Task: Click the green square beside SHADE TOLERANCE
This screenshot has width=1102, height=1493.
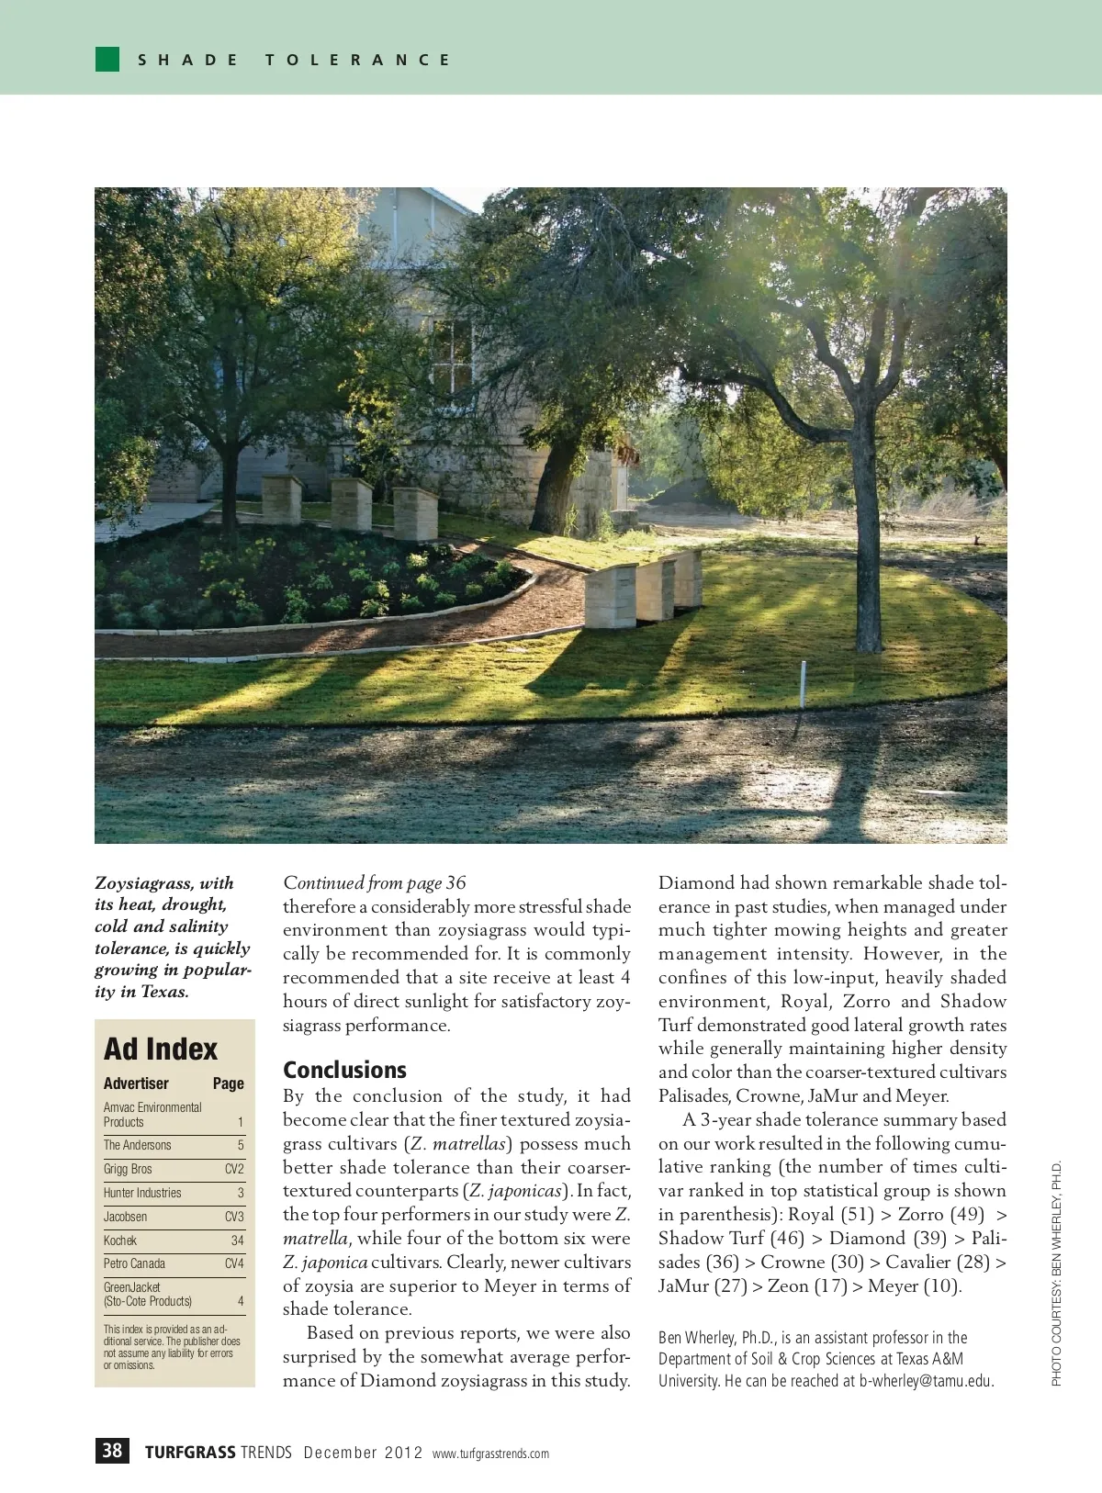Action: [x=107, y=60]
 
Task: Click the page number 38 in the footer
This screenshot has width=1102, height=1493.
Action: [x=112, y=1450]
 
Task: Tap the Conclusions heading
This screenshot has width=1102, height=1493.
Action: [x=344, y=1070]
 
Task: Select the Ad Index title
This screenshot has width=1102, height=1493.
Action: [x=161, y=1049]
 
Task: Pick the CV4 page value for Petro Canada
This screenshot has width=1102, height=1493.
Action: [x=234, y=1263]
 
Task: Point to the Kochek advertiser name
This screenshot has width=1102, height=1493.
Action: [x=120, y=1240]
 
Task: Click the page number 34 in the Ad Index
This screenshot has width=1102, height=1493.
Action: [x=237, y=1240]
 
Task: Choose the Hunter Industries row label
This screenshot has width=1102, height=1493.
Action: [x=142, y=1193]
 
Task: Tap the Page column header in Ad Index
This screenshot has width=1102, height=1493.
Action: [x=228, y=1083]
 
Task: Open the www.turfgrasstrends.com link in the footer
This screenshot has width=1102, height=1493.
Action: [x=490, y=1454]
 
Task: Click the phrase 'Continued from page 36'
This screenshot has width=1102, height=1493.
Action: [x=374, y=883]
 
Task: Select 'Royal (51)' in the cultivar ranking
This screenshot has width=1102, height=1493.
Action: [x=831, y=1215]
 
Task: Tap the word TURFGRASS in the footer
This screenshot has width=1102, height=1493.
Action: [x=190, y=1453]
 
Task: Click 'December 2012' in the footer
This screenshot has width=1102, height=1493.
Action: [x=363, y=1453]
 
